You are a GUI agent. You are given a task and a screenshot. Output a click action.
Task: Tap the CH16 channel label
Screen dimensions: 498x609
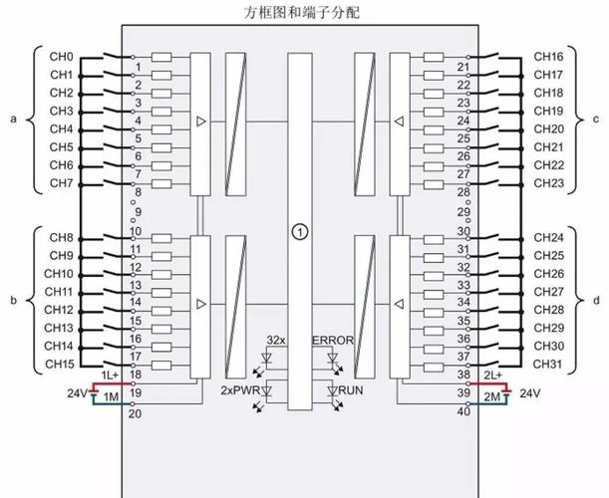(549, 57)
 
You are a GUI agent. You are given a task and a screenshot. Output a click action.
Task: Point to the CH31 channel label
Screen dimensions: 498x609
(549, 365)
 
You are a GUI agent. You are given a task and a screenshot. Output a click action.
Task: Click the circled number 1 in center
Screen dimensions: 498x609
(298, 231)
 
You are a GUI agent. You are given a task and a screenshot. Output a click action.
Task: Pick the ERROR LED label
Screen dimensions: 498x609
(333, 341)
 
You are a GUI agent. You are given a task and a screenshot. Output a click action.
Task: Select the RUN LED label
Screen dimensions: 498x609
(350, 390)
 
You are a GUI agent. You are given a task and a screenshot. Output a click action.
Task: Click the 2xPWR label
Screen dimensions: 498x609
(240, 390)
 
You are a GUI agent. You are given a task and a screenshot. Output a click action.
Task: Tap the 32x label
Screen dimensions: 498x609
(276, 341)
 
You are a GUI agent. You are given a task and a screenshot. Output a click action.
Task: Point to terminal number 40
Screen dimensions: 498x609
(462, 411)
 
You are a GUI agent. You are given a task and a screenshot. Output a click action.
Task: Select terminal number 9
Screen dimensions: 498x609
(138, 212)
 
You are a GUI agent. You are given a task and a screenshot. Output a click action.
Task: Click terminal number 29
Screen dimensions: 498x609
(462, 212)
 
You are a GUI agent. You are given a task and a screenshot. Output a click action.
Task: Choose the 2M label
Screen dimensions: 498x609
(490, 396)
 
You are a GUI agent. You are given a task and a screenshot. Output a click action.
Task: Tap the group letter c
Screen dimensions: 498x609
(596, 120)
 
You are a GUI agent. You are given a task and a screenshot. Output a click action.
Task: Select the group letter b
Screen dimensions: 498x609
(13, 299)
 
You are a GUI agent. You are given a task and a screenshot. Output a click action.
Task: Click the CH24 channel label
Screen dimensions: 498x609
(549, 238)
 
